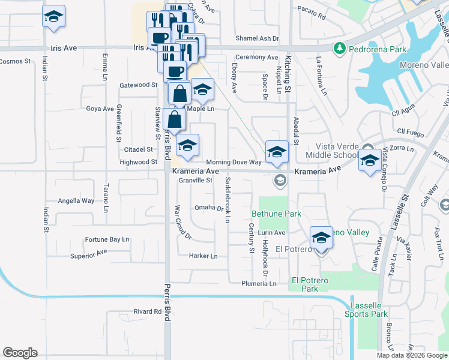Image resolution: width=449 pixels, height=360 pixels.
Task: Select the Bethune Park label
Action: [276, 214]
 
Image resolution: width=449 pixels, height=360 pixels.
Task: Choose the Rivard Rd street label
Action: [148, 311]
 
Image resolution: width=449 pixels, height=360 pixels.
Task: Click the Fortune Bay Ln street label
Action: [107, 239]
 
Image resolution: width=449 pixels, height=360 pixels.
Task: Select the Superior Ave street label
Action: [88, 254]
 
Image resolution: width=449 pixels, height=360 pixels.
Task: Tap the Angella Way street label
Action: [76, 201]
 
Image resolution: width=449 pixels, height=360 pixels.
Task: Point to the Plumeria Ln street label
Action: [259, 283]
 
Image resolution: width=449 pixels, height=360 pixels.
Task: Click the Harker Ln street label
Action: [203, 256]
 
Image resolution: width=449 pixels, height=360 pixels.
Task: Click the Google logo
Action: [20, 353]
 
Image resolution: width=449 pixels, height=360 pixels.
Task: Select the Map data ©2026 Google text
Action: [411, 355]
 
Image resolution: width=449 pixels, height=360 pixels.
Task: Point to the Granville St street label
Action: [196, 181]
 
